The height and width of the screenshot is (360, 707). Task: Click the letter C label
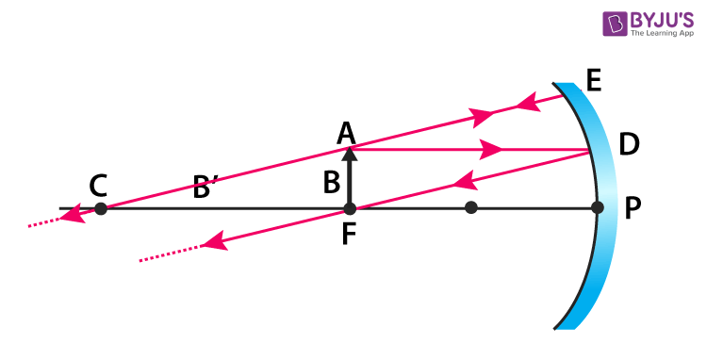(98, 186)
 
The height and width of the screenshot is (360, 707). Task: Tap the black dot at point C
(101, 208)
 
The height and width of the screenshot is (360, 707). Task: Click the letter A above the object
(347, 133)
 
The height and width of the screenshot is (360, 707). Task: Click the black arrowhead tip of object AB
(349, 152)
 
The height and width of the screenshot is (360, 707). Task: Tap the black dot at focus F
(349, 208)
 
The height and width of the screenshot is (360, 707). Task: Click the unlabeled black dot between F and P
(471, 208)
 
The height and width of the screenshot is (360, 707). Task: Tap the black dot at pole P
(597, 208)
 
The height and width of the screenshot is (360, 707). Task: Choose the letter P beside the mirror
(633, 209)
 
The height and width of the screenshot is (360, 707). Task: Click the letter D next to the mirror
(629, 144)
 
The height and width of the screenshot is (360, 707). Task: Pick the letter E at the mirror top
(593, 80)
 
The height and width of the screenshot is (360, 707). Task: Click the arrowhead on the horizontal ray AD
(490, 149)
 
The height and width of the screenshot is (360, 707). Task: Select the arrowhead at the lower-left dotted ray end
(215, 244)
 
